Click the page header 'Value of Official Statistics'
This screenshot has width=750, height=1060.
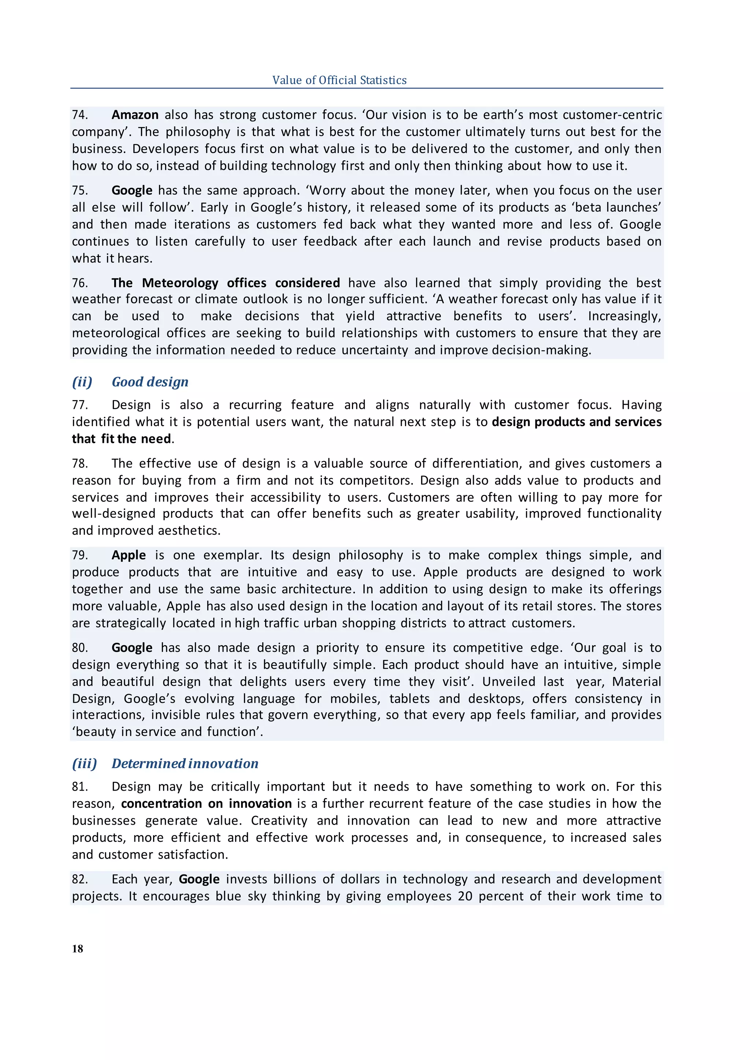(339, 80)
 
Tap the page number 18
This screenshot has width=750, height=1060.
(78, 948)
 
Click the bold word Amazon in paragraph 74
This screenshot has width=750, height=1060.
(135, 115)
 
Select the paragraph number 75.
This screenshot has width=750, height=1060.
(79, 191)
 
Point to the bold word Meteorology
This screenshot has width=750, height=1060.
(180, 283)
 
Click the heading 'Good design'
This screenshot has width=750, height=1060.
(150, 382)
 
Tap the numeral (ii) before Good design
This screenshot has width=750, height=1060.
(82, 382)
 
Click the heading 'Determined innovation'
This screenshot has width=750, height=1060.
(185, 764)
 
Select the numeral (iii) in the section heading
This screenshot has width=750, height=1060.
(85, 764)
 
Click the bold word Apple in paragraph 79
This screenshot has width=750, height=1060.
(129, 555)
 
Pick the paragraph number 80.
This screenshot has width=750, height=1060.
(79, 648)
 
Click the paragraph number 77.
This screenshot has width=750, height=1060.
(79, 405)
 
